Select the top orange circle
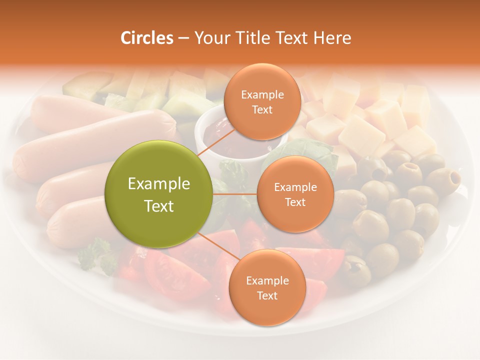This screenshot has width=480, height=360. (262, 101)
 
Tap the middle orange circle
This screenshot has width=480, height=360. (295, 194)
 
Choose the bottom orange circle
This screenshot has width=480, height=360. (267, 287)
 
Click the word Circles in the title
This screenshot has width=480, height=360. (146, 38)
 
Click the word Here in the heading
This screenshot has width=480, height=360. (332, 38)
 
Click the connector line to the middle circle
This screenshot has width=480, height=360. (235, 194)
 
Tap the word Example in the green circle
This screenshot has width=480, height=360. (159, 184)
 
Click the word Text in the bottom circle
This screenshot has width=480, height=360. (267, 295)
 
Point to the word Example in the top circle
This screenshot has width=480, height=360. (262, 94)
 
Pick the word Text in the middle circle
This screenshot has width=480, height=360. (295, 202)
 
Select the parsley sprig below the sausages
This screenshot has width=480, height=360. (98, 255)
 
